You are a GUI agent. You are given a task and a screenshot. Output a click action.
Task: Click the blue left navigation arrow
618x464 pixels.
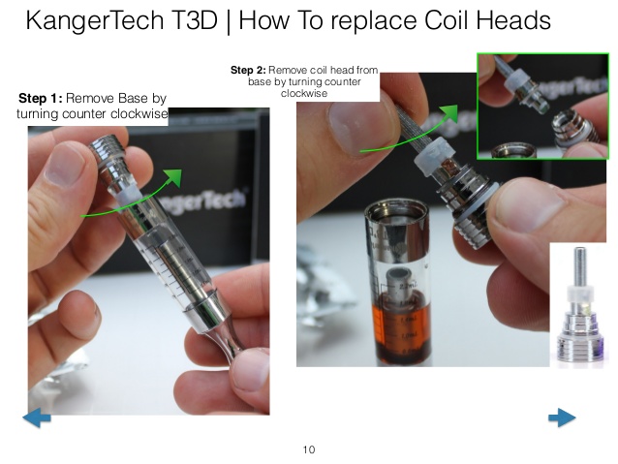tap(37, 418)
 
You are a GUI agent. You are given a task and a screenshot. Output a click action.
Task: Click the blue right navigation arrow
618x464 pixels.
tap(562, 418)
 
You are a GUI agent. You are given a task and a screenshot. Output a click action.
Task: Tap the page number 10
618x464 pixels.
tap(309, 449)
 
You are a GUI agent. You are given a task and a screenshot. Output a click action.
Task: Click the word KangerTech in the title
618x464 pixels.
tap(95, 20)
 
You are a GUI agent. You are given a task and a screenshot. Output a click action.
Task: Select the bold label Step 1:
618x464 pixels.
tap(41, 98)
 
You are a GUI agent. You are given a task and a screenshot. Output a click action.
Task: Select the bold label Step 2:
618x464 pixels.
tap(248, 70)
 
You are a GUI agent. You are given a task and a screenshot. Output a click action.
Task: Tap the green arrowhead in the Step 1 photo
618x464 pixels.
tap(173, 177)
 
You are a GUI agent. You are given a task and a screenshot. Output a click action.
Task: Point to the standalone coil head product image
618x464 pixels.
tap(579, 305)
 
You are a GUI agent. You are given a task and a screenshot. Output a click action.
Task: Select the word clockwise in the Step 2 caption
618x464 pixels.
tap(304, 93)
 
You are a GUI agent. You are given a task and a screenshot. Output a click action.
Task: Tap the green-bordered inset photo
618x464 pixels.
tap(543, 107)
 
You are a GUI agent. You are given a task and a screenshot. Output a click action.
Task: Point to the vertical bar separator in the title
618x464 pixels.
tap(229, 20)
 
